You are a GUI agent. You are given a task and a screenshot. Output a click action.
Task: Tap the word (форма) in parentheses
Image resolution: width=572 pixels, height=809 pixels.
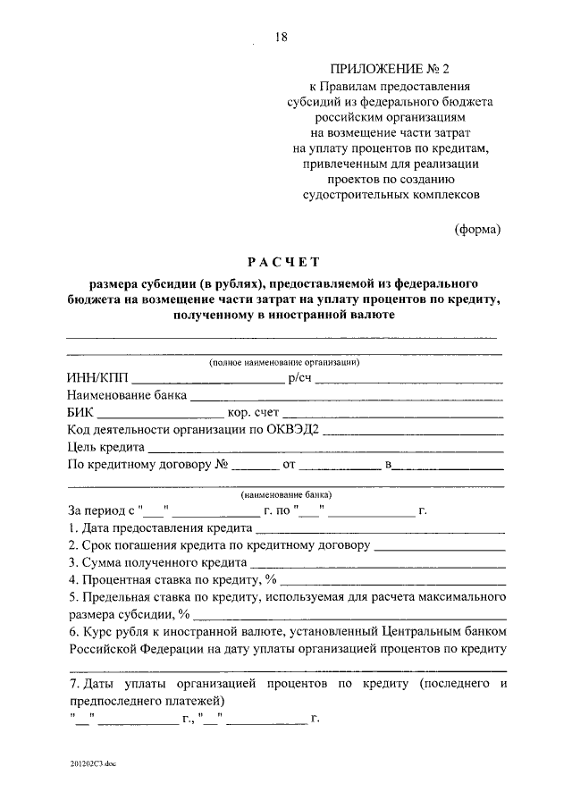(x=478, y=228)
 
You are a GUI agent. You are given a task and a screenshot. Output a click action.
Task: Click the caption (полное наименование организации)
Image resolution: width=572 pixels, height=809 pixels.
(x=284, y=362)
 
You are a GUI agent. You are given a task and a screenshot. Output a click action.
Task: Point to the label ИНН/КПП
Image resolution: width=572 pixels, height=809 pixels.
(x=96, y=378)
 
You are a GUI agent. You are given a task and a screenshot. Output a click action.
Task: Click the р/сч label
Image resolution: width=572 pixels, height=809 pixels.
(x=298, y=378)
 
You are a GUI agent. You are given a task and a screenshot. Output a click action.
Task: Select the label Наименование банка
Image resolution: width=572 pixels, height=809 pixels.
(x=127, y=395)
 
